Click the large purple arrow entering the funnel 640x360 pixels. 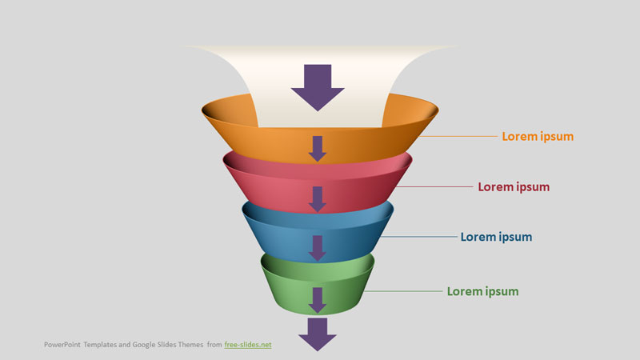[318, 87]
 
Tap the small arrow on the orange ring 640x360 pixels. [317, 149]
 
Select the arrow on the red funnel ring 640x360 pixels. [317, 199]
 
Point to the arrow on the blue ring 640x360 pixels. [317, 248]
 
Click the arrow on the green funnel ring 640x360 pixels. [317, 301]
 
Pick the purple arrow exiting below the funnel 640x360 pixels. [318, 334]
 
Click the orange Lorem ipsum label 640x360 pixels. [538, 137]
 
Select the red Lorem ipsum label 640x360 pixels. [514, 187]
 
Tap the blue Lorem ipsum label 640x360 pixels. [496, 238]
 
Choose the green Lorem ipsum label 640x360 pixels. [482, 292]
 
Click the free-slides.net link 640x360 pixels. [248, 345]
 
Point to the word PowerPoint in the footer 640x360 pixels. [62, 345]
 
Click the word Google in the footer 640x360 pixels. [144, 345]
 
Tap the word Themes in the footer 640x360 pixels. [190, 345]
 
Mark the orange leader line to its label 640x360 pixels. [458, 136]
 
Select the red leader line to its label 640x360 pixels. [434, 187]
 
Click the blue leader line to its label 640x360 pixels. [418, 237]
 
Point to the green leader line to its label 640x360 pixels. [403, 291]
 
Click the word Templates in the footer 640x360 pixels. [100, 345]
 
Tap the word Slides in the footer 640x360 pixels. [166, 345]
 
